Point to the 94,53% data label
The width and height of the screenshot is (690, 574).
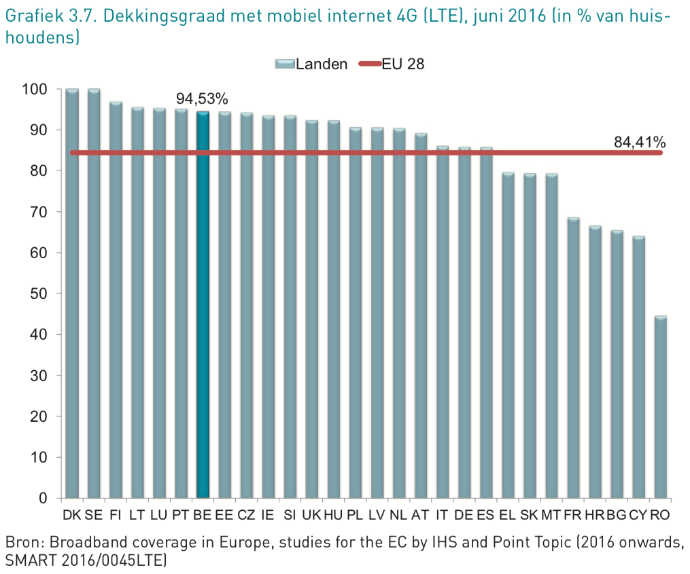(202, 99)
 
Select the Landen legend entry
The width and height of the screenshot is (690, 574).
(322, 64)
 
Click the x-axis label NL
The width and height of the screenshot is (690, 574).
(398, 515)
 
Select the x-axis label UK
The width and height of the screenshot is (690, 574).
(311, 515)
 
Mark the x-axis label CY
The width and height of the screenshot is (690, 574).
(638, 515)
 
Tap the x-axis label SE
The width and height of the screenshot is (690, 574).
(94, 515)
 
